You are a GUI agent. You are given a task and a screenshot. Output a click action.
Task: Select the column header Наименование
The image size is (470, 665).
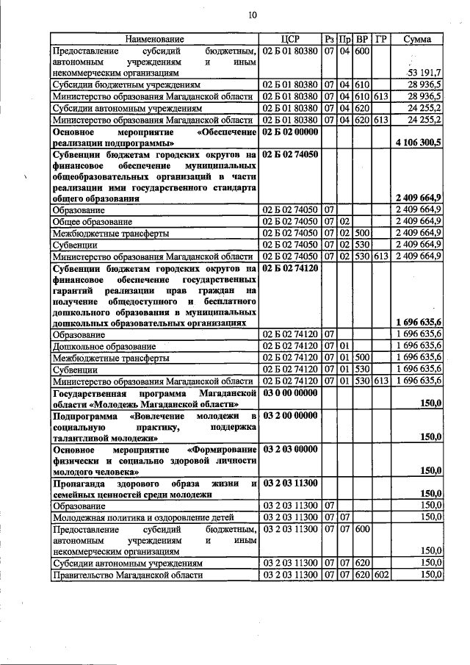153,39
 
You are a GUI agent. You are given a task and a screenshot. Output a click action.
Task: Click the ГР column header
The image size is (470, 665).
381,39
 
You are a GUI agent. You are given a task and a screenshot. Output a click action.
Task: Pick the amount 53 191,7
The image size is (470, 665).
424,73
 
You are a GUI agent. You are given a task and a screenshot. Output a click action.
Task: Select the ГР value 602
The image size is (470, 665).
380,575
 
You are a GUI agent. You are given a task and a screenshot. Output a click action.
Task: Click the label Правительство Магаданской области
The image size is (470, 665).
126,575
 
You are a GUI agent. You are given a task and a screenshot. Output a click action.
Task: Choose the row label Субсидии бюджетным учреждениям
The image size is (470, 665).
117,85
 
